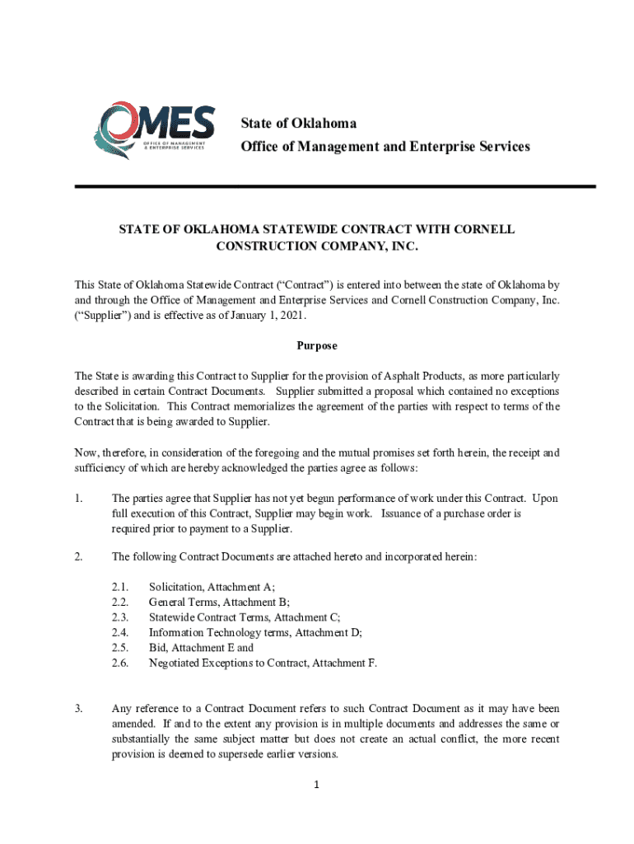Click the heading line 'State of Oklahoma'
(x=298, y=124)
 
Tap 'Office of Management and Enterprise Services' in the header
(x=385, y=147)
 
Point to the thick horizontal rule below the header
(x=334, y=187)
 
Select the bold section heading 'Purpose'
(x=317, y=346)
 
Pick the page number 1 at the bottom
(x=317, y=784)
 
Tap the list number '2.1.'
(x=120, y=587)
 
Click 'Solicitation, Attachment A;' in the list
(x=212, y=587)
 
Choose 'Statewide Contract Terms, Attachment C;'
(x=245, y=617)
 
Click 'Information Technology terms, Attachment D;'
(x=255, y=632)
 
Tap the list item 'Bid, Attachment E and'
(x=201, y=648)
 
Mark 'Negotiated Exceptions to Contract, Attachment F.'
(x=263, y=663)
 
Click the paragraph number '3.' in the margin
(x=79, y=709)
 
